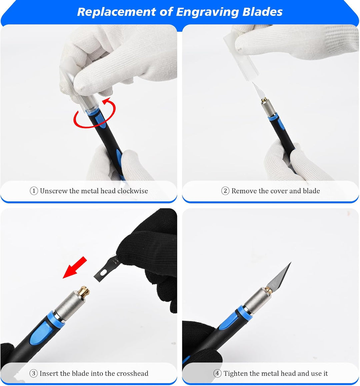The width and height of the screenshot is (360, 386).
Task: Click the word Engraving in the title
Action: pos(207,12)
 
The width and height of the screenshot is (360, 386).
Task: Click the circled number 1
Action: pos(34,191)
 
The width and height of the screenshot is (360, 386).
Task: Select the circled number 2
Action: pos(225,191)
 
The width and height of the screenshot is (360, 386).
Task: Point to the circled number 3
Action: pos(33,373)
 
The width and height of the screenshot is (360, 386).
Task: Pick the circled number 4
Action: pos(217,373)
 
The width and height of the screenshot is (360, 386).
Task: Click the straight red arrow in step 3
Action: pos(75,267)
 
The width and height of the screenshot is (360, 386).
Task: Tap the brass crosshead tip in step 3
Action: pos(84,292)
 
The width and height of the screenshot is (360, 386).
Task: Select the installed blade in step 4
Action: pos(279,277)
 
